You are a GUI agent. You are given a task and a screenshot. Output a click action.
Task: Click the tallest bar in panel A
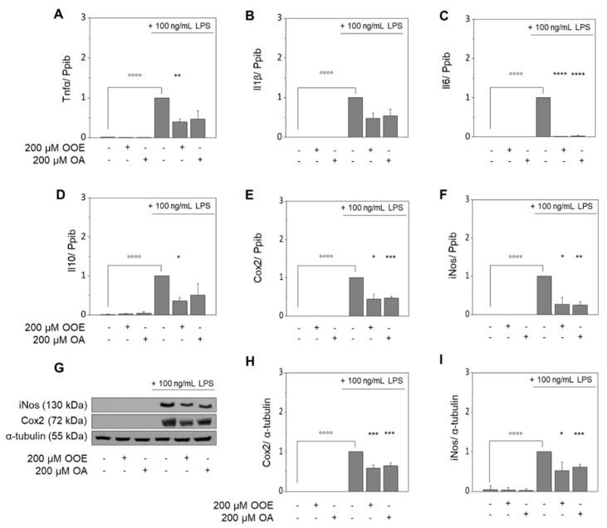click(x=163, y=117)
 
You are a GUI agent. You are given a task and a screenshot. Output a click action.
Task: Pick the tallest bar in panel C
click(x=545, y=117)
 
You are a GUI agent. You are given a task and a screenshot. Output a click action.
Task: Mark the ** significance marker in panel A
click(x=178, y=76)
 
